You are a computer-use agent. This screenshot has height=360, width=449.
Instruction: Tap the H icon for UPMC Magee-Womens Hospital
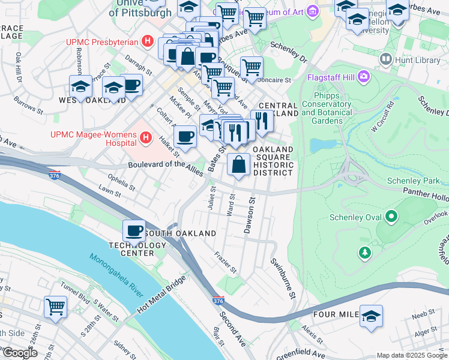tap(145, 139)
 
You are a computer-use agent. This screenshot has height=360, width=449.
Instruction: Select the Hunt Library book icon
tap(386, 59)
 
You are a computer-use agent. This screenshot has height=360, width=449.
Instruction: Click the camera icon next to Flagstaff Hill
tap(363, 77)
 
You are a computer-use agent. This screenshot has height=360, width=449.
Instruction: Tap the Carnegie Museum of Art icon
tap(312, 11)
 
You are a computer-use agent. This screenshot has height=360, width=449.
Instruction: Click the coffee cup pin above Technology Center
tap(134, 231)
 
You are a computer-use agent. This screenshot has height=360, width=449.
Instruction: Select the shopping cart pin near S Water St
tap(55, 307)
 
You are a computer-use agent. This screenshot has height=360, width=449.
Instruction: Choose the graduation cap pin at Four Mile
tap(371, 316)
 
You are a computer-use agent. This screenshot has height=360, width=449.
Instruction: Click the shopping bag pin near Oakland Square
tap(239, 164)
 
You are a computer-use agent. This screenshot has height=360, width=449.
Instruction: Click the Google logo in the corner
tap(20, 353)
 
